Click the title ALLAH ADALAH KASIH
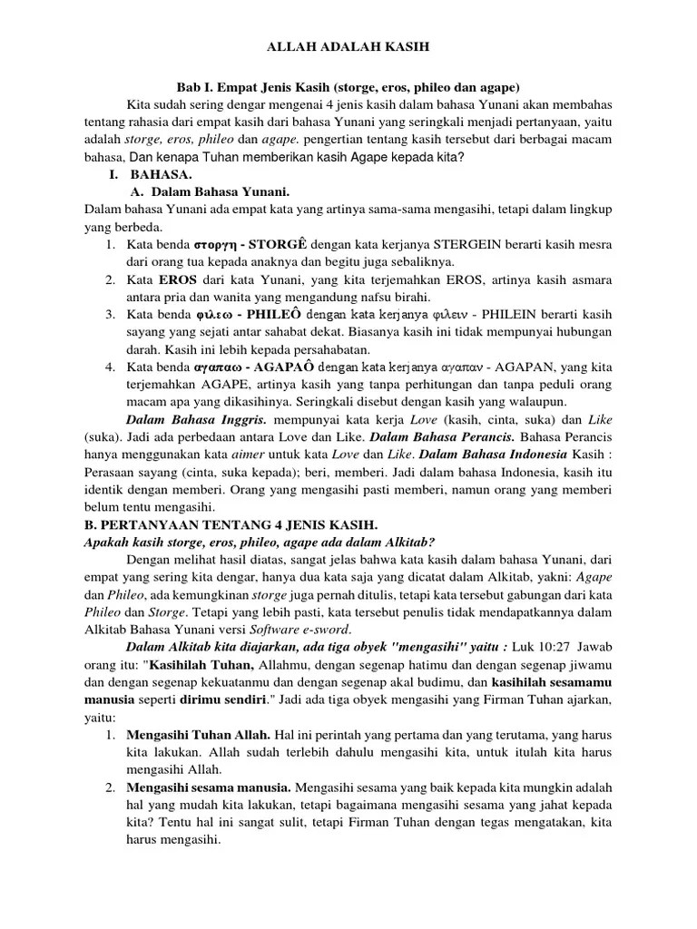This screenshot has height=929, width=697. tap(348, 45)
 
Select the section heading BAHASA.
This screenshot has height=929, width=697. tap(160, 175)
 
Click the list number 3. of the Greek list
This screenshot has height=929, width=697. tap(108, 314)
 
